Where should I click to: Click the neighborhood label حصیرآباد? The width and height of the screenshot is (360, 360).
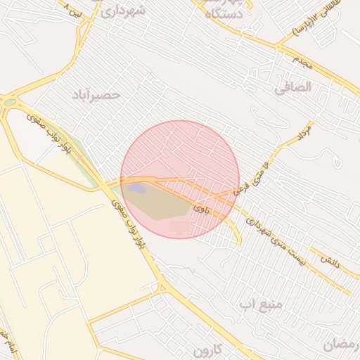pos(97,94)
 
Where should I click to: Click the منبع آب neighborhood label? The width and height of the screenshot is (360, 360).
pos(261,304)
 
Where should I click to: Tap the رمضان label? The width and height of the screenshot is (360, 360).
pos(341,344)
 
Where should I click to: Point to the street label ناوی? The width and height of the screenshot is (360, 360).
pos(202,208)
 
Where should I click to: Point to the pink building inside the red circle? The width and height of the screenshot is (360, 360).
pos(179,227)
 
